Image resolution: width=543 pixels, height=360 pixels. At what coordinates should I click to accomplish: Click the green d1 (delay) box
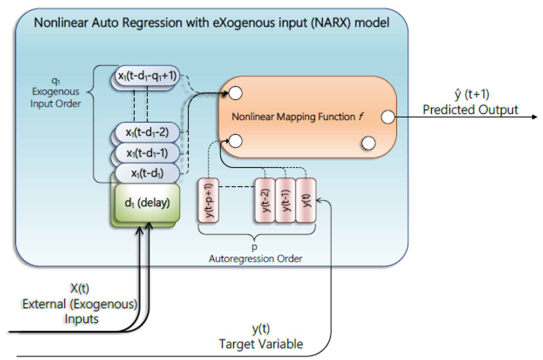(x=147, y=203)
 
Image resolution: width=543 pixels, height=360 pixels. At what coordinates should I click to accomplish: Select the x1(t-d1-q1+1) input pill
(x=147, y=76)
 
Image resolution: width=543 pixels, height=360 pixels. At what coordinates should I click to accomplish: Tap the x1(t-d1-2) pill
(x=147, y=132)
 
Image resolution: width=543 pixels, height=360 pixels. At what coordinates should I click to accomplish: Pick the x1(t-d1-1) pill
(x=147, y=153)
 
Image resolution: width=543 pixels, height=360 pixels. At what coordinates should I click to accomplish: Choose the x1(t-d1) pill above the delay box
(x=147, y=173)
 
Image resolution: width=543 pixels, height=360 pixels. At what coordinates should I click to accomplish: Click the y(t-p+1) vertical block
(x=209, y=200)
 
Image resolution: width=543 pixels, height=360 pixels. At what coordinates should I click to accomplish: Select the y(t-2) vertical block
(x=265, y=200)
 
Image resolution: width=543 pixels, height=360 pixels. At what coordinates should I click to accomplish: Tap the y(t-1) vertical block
(x=285, y=200)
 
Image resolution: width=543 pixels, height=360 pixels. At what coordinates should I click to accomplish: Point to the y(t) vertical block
(x=306, y=200)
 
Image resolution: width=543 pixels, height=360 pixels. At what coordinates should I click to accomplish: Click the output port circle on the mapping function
(x=388, y=117)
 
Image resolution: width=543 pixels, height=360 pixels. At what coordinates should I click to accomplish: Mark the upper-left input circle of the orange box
(x=235, y=93)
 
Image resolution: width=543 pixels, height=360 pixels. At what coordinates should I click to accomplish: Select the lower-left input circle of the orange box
(x=235, y=141)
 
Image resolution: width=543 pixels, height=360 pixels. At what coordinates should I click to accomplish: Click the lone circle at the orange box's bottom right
(x=369, y=143)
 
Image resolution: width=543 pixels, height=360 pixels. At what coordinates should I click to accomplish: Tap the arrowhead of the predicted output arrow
(x=535, y=117)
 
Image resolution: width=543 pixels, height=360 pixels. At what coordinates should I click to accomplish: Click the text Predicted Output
(x=470, y=110)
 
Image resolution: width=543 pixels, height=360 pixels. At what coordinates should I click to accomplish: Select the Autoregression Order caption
(x=255, y=259)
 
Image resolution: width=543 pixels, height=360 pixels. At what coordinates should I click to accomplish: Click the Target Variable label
(x=261, y=344)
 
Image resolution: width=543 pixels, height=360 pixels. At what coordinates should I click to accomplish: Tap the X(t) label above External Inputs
(x=80, y=288)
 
